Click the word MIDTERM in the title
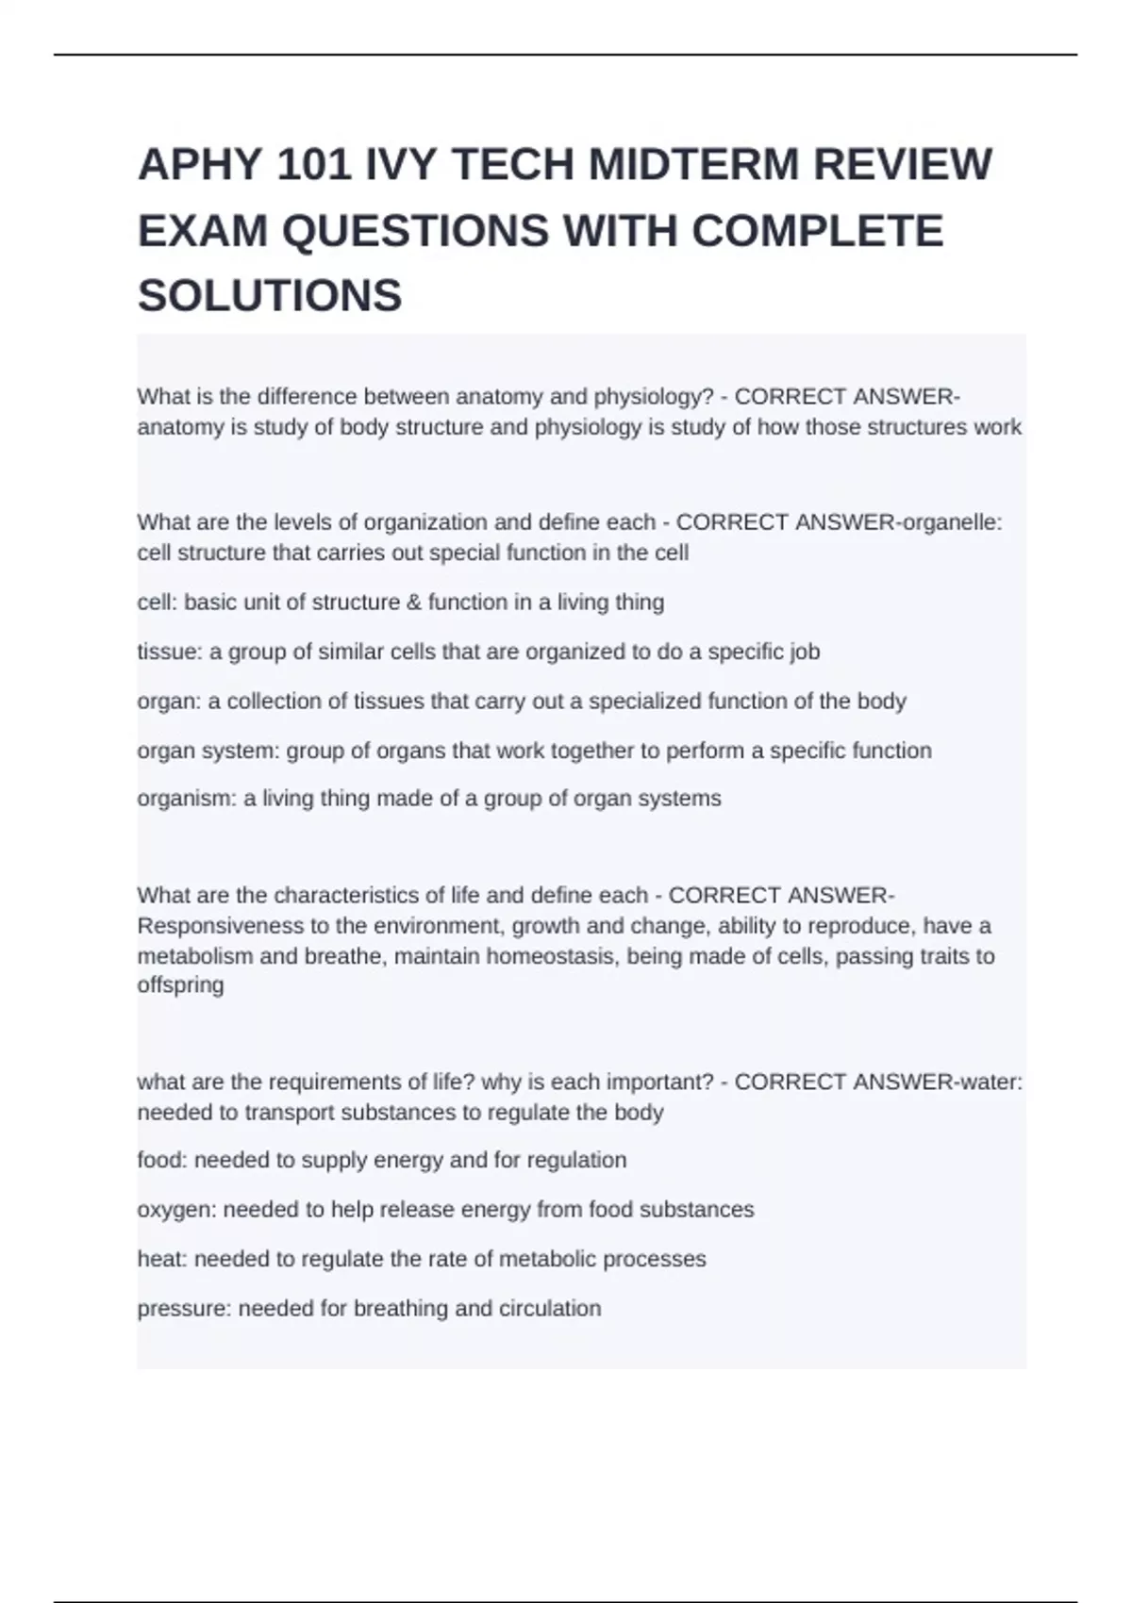click(x=692, y=165)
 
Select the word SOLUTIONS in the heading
click(x=270, y=296)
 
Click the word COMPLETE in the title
click(x=817, y=231)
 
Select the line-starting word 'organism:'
click(x=187, y=799)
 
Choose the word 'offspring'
click(x=180, y=985)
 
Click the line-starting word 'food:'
click(x=162, y=1160)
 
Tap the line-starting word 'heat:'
click(x=162, y=1259)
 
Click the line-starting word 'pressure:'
click(x=184, y=1309)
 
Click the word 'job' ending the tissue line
click(x=805, y=652)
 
